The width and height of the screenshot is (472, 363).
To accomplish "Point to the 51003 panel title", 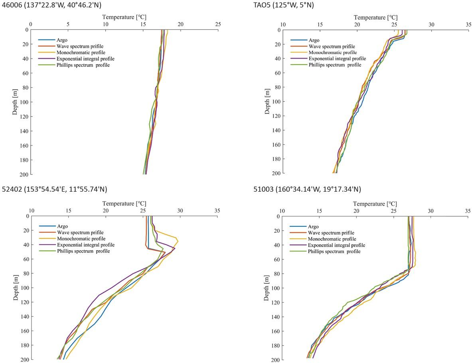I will pyautogui.click(x=307, y=188).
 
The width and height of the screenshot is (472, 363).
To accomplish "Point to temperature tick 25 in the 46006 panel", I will pyautogui.click(x=218, y=24).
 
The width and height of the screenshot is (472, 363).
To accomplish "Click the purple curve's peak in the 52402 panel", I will pyautogui.click(x=175, y=249).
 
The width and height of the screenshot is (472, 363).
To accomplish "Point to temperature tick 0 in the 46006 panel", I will pyautogui.click(x=31, y=24).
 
